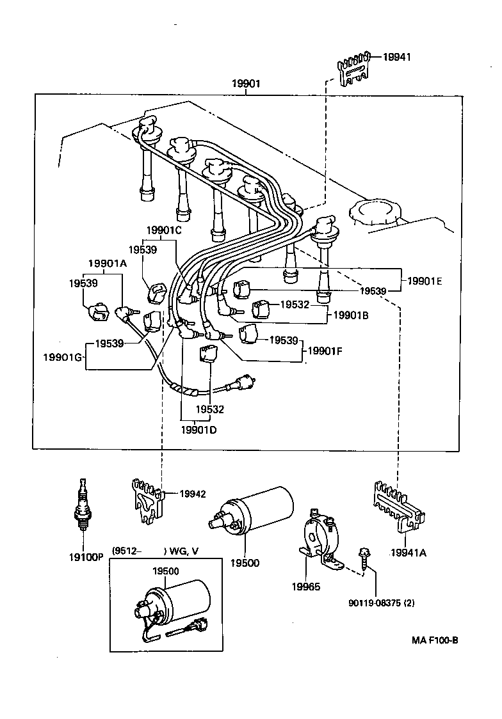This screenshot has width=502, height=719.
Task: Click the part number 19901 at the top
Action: pos(247,84)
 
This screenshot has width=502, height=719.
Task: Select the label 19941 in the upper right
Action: pos(396,57)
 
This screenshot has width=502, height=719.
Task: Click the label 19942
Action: pos(192,493)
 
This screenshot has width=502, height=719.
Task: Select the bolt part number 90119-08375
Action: pos(381,602)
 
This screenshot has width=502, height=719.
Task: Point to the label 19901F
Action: pos(326,351)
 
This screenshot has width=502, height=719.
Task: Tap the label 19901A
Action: pos(107,263)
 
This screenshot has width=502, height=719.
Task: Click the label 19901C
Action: pos(163,230)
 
